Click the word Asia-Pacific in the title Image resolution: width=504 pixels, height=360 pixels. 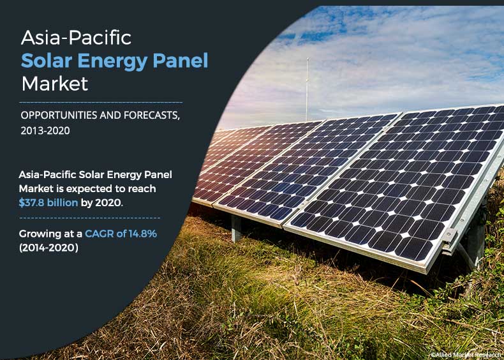tap(77, 38)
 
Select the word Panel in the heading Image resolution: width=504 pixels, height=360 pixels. tap(182, 61)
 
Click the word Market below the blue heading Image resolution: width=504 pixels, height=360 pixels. tap(55, 84)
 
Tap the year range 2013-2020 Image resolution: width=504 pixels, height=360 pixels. tap(45, 130)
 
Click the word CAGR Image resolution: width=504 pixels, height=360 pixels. tap(96, 234)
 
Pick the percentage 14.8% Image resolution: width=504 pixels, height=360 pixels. tap(141, 234)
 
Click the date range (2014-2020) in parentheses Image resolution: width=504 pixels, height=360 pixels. tap(48, 248)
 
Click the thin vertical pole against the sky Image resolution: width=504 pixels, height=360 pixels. tap(307, 89)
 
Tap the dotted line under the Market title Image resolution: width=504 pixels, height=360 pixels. tap(101, 101)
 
